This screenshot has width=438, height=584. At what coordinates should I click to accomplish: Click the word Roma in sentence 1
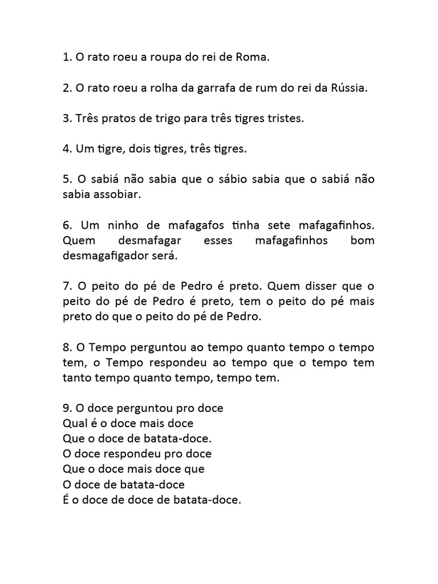[253, 58]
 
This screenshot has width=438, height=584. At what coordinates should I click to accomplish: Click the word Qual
[74, 424]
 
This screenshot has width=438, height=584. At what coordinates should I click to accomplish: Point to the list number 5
[66, 180]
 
